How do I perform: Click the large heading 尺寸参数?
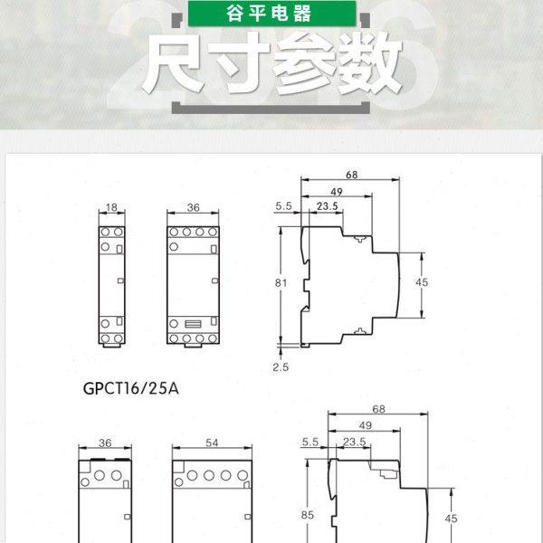271,63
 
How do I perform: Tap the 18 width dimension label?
112,207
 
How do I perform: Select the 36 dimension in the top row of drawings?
192,207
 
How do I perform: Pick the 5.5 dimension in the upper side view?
283,206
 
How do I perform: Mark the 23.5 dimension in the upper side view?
328,206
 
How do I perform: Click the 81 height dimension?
281,283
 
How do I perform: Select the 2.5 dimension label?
281,367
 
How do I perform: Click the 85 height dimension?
308,516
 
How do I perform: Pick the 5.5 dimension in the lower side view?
310,442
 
